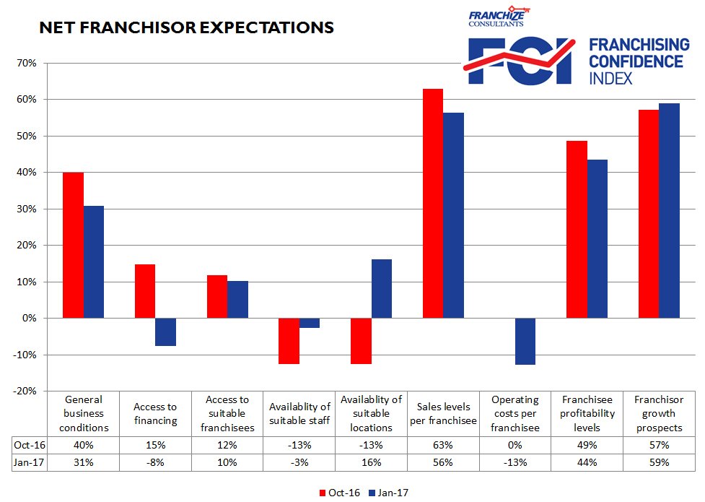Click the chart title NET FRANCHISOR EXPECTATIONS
tap(186, 27)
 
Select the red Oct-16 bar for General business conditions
tap(73, 245)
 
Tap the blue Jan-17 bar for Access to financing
tap(166, 332)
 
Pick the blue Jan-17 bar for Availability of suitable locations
tap(382, 288)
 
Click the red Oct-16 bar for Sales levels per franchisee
tap(433, 203)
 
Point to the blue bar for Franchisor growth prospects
tap(670, 210)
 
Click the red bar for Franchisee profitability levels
tap(577, 229)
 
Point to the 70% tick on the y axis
tap(26, 63)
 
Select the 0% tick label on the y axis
tap(29, 318)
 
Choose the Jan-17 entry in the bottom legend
tap(390, 493)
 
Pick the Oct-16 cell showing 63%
tap(443, 444)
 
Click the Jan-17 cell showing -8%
tap(155, 462)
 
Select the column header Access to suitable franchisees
tap(227, 414)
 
